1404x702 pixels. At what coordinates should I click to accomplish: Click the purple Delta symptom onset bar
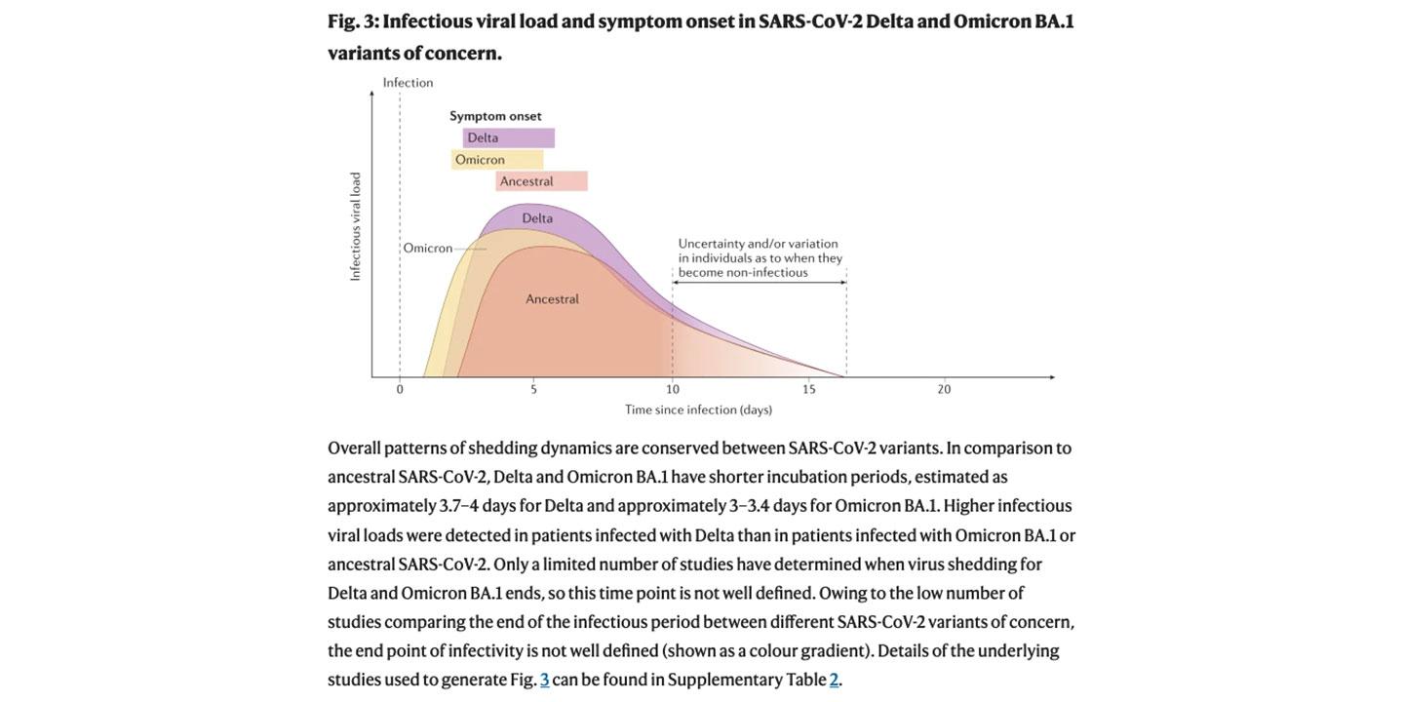509,138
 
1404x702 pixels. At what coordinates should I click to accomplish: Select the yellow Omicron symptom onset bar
497,160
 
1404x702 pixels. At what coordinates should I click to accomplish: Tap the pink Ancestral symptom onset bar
541,181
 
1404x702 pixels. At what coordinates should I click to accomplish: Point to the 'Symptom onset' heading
495,116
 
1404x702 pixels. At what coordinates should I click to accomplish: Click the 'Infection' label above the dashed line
408,83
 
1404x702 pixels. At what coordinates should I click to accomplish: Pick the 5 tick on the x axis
533,390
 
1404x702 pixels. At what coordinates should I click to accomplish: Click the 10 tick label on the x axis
673,390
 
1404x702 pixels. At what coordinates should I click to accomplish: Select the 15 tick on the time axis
809,390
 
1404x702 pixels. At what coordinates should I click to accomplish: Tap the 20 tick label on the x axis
944,390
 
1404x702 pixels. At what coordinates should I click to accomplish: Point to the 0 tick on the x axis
400,390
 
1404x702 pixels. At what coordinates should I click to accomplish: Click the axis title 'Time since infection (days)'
698,409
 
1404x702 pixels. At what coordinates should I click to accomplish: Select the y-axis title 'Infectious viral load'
355,227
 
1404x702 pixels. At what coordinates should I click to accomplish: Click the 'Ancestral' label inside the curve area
552,299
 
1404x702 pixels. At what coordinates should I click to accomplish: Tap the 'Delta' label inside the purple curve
537,218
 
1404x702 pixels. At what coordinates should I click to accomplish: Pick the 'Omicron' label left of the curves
428,249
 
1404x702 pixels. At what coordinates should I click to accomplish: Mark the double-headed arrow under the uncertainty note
759,283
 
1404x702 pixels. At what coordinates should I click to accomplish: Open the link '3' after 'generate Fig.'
545,680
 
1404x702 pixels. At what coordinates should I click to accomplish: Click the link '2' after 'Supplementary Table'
834,680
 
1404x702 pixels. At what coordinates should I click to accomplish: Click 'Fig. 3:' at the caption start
353,21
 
